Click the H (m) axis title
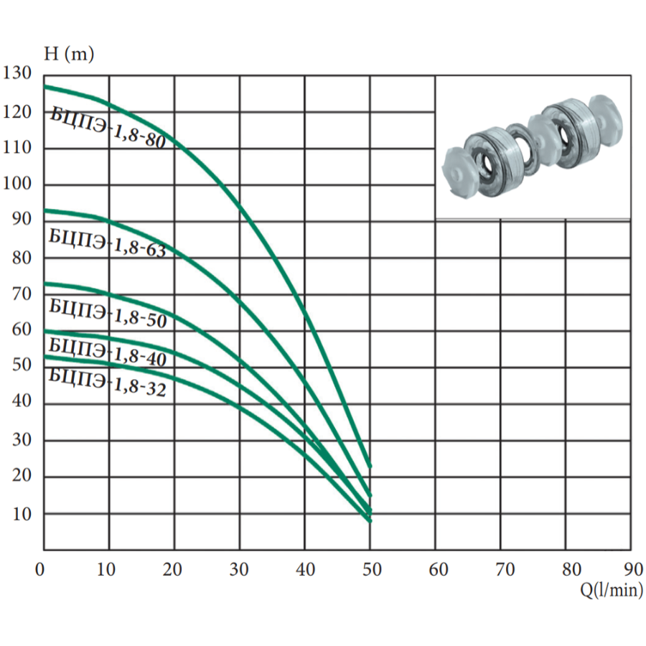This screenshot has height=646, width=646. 69,54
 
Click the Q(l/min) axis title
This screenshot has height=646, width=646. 612,590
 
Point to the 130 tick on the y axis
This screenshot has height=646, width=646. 17,73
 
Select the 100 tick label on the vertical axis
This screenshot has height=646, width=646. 17,183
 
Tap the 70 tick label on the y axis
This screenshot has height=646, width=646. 22,294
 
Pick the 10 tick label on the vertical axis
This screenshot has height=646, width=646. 22,514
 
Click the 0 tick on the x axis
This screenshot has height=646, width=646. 40,569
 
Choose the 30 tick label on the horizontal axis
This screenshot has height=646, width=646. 239,569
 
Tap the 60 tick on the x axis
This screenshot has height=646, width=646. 439,569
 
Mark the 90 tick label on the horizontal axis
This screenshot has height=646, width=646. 633,569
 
